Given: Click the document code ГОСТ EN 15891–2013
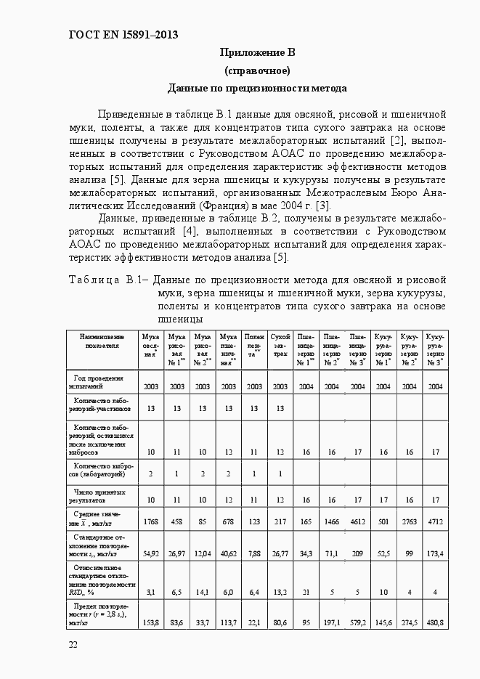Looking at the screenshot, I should click(123, 35).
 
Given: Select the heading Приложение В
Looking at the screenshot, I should click(257, 53).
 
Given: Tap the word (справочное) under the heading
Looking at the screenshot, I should click(257, 70).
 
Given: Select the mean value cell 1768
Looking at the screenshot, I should click(151, 522).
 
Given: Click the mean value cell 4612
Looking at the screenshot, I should click(358, 522).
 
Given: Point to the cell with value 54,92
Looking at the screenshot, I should click(151, 553).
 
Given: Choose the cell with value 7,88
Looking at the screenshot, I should click(254, 553).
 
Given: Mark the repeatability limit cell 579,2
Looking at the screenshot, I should click(358, 622).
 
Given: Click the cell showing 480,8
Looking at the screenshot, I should click(435, 622).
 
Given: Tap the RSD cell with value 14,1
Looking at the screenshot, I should click(203, 592).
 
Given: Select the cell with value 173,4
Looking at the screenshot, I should click(435, 553).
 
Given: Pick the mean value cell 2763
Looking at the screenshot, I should click(410, 522).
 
